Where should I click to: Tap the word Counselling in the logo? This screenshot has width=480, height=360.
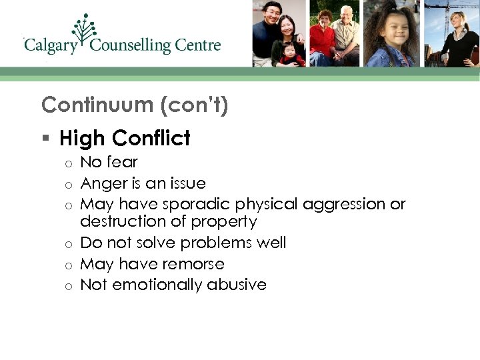coord(131,45)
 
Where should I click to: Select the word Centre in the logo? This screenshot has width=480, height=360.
coord(198,45)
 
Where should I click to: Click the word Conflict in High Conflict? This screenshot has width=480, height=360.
coord(151,138)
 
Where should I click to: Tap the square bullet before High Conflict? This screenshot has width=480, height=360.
coord(45,139)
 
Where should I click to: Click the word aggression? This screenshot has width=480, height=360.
coord(339,204)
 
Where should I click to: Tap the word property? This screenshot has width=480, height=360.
coord(224,221)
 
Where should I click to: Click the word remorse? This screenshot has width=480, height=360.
coord(193,264)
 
